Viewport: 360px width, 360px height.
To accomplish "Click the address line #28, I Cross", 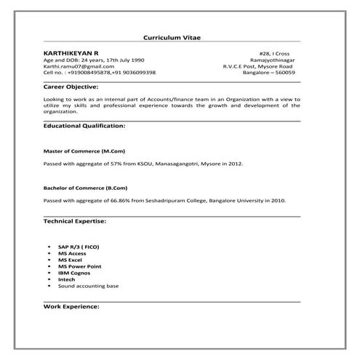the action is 281,53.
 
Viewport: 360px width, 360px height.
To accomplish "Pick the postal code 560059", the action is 284,73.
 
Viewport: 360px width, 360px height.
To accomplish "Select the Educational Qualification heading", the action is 84,126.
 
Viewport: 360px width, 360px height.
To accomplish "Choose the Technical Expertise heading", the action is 75,220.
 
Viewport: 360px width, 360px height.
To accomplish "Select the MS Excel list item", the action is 71,260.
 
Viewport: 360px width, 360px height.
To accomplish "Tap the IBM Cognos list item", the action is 75,273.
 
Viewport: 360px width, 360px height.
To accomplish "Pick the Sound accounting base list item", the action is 89,286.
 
